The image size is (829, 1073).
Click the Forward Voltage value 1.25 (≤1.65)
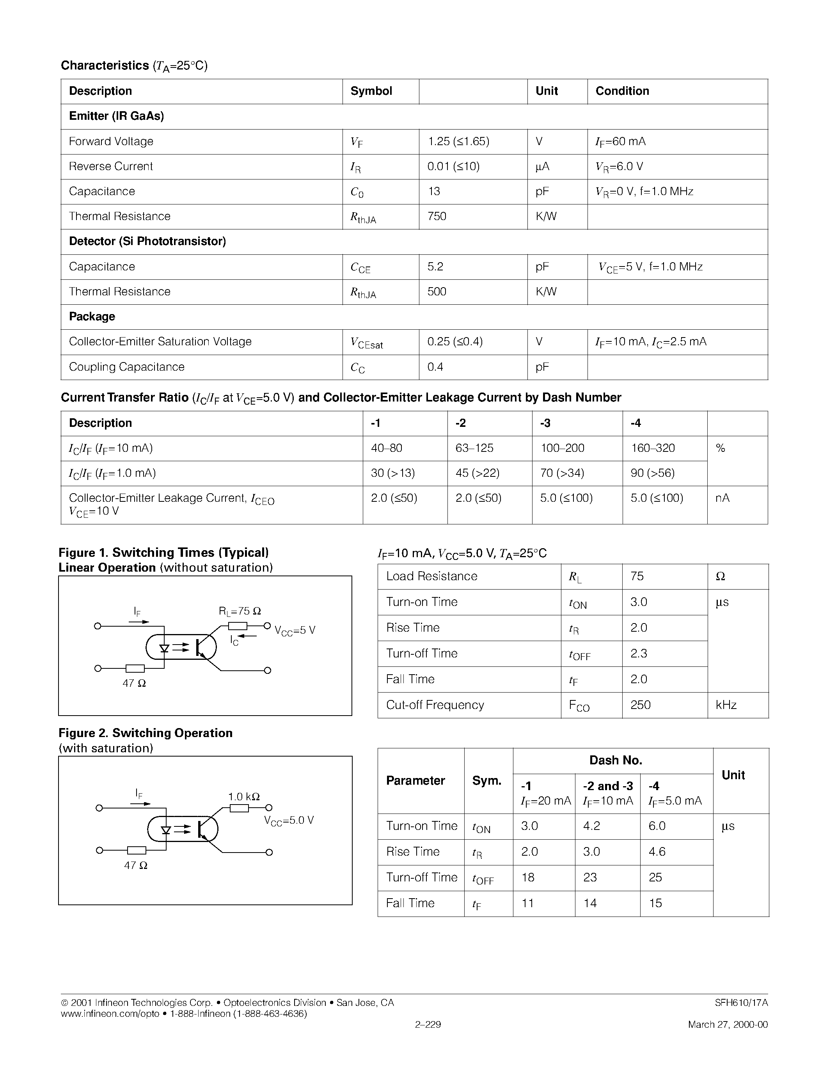(458, 142)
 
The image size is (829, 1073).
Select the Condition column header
(622, 91)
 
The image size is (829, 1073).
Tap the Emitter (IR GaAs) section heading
(116, 116)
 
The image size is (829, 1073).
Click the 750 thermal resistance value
(437, 216)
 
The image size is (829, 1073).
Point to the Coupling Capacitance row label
(127, 367)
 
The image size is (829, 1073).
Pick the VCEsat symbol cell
(366, 343)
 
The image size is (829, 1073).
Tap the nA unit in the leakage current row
(722, 498)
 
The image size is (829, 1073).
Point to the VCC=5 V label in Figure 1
(295, 631)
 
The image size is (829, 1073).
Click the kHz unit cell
(726, 705)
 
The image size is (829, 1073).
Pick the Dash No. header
(615, 760)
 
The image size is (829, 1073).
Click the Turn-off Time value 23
(590, 878)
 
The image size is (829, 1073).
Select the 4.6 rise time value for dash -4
(657, 852)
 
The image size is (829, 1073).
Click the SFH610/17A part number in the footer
(741, 1003)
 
